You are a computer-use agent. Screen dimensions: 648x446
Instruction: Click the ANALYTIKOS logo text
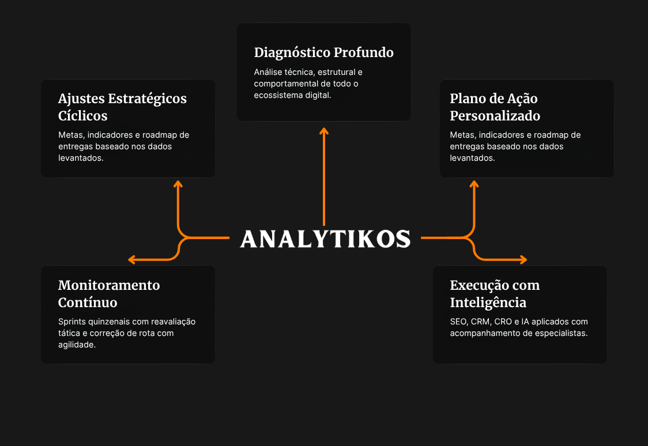pos(325,239)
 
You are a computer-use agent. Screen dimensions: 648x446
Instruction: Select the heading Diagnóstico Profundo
pos(323,52)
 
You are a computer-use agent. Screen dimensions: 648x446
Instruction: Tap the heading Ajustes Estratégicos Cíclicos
pos(122,107)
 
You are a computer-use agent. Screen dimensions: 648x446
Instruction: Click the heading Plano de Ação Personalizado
pos(495,107)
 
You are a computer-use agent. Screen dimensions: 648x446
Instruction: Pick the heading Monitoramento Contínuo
pos(109,294)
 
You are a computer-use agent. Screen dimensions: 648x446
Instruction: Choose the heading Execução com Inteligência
pos(495,294)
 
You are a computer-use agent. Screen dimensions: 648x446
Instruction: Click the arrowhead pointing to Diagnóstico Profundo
pos(324,131)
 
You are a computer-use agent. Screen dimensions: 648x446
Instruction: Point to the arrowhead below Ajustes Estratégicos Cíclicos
pos(178,184)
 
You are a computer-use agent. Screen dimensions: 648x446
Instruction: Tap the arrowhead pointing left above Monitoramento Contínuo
pos(132,260)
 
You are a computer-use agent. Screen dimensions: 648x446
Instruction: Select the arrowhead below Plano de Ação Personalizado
pos(474,184)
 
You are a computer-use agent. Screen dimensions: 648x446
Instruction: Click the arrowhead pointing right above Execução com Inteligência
pos(523,260)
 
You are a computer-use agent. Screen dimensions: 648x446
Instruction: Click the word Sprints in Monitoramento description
pos(72,322)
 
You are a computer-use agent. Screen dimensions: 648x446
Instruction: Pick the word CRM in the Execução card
pos(480,322)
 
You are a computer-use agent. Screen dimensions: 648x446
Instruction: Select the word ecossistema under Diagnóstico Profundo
pos(272,96)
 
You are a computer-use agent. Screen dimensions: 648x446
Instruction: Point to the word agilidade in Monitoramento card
pos(77,345)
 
